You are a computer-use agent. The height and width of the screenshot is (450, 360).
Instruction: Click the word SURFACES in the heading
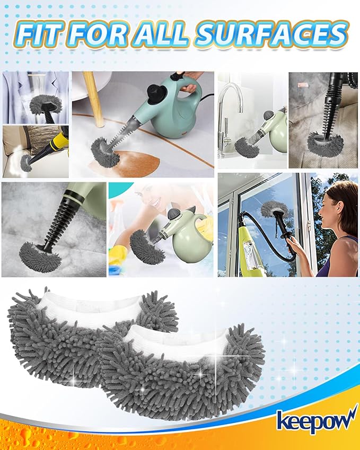coord(271,35)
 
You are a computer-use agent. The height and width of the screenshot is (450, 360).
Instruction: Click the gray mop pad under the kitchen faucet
coord(247,146)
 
